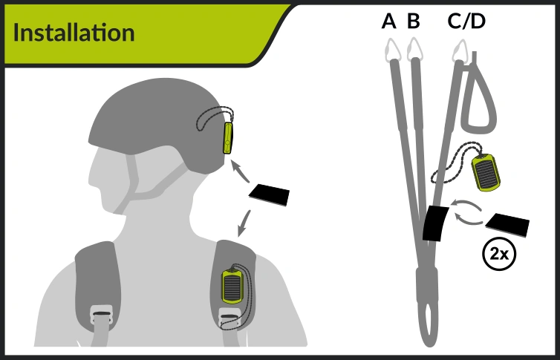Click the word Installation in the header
coord(74,33)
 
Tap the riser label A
coord(389,21)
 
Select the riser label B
coord(413,21)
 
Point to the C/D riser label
coord(466,22)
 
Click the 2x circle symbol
coord(499,254)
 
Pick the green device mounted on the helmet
coord(227,138)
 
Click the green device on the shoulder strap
coord(232,287)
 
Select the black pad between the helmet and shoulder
coord(270,194)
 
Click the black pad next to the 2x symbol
coord(507,225)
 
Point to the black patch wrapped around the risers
coord(435,223)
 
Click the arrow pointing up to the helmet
coord(240,171)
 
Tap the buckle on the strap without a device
coord(102,315)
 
